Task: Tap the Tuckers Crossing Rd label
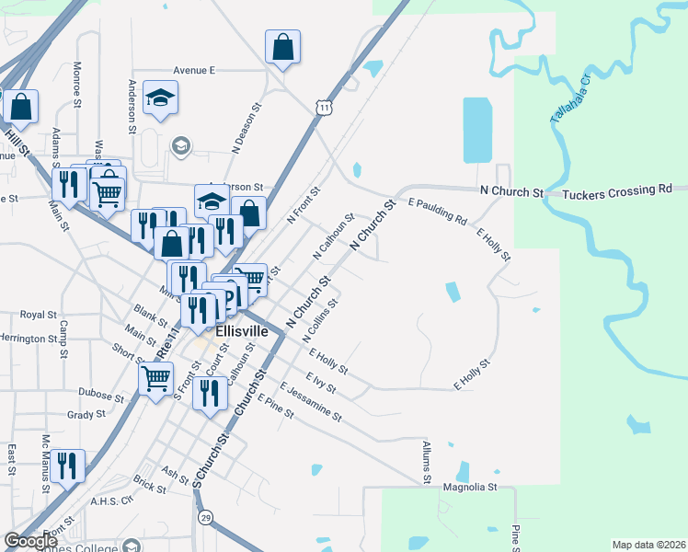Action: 616,192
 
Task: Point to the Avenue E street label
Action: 193,70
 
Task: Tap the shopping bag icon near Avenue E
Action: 283,48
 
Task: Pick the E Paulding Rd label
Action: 437,211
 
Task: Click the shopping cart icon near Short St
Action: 156,378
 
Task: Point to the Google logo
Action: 30,541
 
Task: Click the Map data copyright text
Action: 648,545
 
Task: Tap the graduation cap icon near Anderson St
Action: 160,98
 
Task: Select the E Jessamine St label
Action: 311,402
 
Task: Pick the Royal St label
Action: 39,315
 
